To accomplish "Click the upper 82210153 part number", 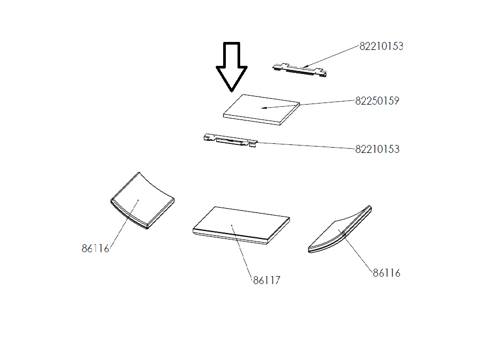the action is click(382, 46).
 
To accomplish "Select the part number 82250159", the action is click(377, 101).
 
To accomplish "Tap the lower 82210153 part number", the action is click(377, 149).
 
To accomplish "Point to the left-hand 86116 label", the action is click(95, 248).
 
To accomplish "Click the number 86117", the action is click(267, 280).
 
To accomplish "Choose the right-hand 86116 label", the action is click(387, 273).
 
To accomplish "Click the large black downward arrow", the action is click(232, 67).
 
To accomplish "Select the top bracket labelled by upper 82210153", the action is click(300, 70).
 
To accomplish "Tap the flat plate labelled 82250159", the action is click(261, 110).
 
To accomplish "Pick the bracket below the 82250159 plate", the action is click(230, 140).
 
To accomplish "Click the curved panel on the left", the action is click(142, 201).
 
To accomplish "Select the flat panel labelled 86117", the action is click(241, 226).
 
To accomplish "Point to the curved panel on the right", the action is click(340, 229).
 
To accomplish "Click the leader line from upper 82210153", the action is click(331, 56).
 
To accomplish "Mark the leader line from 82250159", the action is click(308, 104).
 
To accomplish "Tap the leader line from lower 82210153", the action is click(306, 145).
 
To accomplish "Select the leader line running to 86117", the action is click(242, 252).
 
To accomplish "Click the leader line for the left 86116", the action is click(123, 224).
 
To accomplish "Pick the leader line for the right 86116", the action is click(355, 251).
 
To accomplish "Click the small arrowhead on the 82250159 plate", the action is click(264, 108).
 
